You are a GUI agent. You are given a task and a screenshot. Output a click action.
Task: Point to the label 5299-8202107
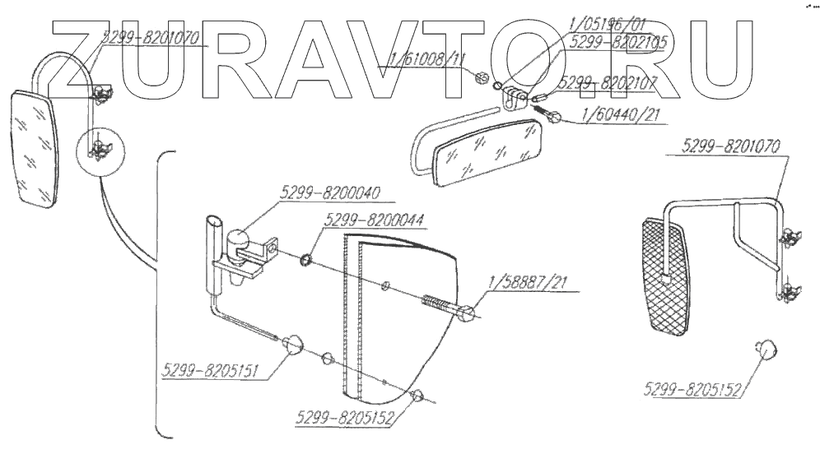point(607,83)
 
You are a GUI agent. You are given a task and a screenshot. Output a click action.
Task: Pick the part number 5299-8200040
point(325,195)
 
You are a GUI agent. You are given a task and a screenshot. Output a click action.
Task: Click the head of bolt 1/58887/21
point(467,313)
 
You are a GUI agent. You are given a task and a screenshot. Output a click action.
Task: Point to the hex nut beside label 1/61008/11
point(482,78)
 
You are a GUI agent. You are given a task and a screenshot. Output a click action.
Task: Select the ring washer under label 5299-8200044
point(306,261)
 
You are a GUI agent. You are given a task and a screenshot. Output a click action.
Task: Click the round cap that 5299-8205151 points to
point(293,345)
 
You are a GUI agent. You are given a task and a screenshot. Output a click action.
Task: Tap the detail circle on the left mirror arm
point(97,150)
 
